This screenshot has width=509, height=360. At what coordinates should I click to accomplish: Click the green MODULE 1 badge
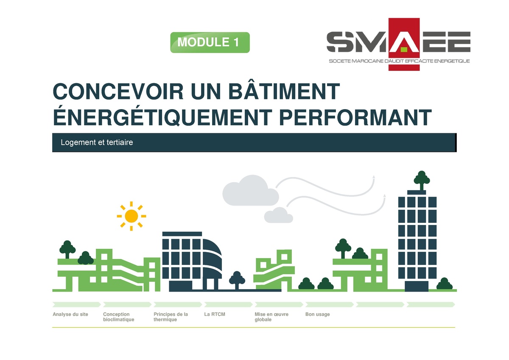click(210, 42)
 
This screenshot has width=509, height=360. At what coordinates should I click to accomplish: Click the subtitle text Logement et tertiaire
click(97, 143)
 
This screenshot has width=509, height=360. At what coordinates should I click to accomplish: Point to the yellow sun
click(131, 216)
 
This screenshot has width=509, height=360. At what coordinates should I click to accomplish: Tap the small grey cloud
click(278, 215)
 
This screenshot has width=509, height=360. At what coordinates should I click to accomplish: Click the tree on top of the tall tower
click(422, 180)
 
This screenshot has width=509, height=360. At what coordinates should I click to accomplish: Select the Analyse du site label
click(70, 315)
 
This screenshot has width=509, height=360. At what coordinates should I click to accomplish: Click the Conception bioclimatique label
click(119, 317)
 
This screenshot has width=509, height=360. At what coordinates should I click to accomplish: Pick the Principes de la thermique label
click(171, 317)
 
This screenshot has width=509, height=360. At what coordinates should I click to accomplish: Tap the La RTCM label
click(215, 315)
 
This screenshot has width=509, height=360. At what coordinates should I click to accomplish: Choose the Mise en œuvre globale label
click(271, 317)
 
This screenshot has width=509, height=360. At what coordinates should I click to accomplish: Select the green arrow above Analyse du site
click(76, 304)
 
